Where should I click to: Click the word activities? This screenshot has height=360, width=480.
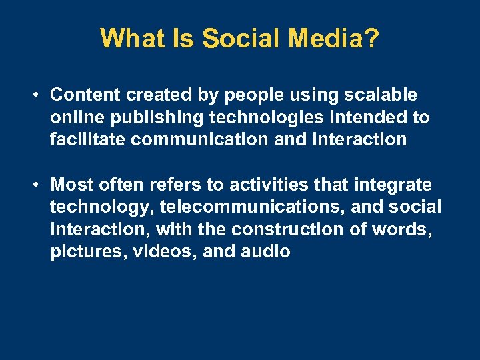[x=252, y=184]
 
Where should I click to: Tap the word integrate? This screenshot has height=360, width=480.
[x=393, y=185]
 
